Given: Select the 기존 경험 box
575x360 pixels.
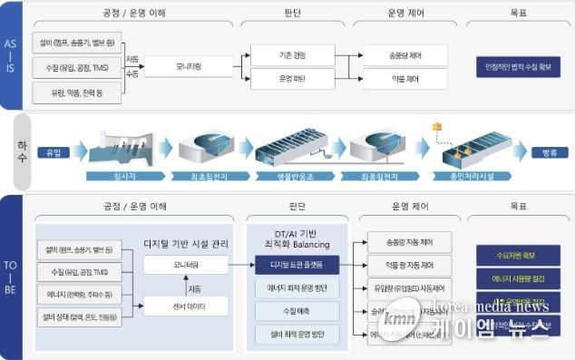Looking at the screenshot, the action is (x=292, y=55).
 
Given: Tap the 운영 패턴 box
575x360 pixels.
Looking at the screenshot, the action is (x=292, y=80).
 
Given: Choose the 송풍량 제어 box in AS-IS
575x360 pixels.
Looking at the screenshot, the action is (x=404, y=55).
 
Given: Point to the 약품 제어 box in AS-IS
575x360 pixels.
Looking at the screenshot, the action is (x=404, y=80).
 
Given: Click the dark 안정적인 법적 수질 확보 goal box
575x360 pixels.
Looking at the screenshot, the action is (x=518, y=67).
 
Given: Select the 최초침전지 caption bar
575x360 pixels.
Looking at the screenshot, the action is (x=206, y=176).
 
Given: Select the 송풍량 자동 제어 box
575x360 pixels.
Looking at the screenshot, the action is (x=408, y=242).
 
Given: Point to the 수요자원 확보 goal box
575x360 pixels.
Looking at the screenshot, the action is (x=518, y=255).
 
